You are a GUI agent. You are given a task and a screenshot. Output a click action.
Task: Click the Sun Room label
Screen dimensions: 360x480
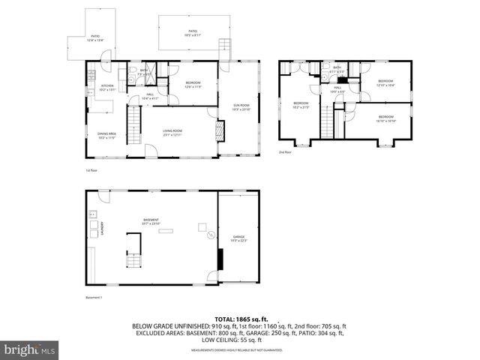241,108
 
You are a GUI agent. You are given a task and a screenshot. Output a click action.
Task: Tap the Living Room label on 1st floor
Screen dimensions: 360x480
172,133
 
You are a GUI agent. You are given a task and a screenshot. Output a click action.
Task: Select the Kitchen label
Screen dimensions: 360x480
107,87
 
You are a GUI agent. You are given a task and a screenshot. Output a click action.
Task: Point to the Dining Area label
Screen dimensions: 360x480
106,136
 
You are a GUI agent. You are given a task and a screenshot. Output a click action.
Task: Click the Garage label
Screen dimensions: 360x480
238,238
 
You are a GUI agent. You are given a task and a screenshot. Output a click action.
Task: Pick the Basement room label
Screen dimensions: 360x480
151,221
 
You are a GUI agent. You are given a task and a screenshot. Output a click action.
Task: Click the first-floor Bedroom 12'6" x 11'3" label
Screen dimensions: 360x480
193,85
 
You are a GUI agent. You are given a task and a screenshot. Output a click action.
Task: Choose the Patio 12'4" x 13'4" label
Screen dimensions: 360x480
95,37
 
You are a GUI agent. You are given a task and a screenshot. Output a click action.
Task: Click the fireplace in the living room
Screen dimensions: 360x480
219,132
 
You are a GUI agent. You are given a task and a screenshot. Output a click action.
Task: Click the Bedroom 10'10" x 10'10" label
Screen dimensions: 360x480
385,118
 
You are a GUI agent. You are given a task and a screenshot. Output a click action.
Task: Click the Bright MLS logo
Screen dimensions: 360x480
30,349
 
